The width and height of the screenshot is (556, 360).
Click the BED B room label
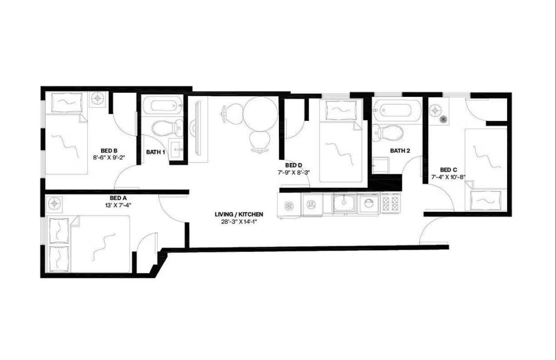109,151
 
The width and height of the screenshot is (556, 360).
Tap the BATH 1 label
155,152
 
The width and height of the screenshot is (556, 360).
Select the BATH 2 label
400,151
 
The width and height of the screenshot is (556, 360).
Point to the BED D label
294,165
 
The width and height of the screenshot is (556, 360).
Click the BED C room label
448,170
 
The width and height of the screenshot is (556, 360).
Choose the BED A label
118,198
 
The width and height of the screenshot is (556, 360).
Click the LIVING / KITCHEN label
239,214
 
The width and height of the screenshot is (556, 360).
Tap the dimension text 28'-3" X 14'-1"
239,222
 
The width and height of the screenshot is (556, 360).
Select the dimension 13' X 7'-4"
118,205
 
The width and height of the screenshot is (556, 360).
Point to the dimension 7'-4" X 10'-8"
448,177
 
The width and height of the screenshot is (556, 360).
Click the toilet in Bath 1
168,128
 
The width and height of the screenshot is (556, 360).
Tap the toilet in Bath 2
388,133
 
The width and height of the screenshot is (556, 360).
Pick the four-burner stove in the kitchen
391,203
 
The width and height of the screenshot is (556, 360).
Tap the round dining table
260,114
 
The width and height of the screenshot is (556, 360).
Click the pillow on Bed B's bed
67,102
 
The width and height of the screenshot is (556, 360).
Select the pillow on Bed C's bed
486,201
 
